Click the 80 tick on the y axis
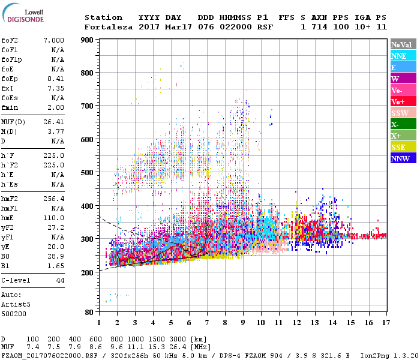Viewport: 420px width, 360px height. (88, 312)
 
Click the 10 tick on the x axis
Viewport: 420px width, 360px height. (260, 322)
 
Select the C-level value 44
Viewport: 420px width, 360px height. (60, 280)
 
